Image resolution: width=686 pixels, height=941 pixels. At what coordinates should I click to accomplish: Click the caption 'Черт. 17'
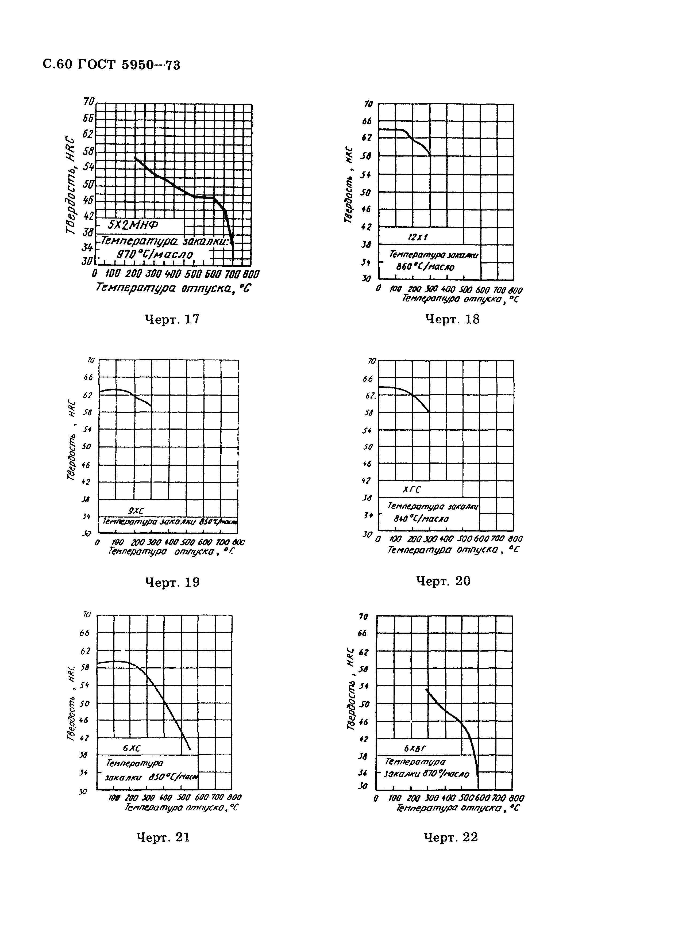click(172, 319)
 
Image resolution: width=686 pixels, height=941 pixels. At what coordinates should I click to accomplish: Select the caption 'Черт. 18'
click(452, 319)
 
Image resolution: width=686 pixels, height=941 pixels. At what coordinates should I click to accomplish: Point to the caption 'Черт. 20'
click(443, 581)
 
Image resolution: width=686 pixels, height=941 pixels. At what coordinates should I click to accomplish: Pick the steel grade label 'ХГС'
click(411, 490)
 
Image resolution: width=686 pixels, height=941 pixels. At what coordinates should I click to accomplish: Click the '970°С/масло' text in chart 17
click(155, 254)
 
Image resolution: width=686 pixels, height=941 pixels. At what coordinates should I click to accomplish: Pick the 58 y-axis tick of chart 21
click(84, 667)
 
